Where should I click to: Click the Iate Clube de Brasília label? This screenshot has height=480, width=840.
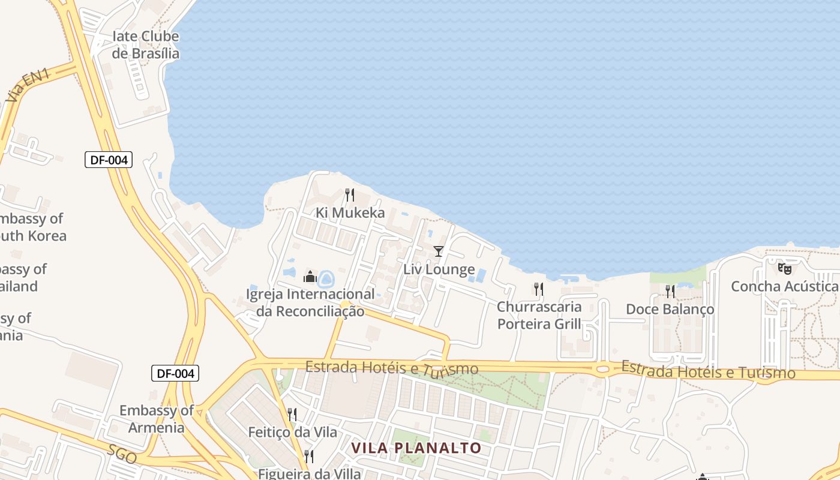(146, 45)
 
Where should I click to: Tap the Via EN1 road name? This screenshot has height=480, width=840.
(28, 85)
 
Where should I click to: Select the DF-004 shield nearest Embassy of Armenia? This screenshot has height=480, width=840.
(175, 373)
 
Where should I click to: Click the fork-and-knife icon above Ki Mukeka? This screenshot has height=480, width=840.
(350, 194)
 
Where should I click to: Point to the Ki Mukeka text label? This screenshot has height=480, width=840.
(350, 213)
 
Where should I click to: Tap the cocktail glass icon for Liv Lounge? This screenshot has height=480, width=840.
(439, 251)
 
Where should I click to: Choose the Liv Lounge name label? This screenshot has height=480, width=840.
(439, 269)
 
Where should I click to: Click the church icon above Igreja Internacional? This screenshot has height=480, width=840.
(310, 277)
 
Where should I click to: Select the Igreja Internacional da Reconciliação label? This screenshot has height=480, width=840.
(310, 302)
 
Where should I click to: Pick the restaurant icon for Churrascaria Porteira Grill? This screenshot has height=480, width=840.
(539, 289)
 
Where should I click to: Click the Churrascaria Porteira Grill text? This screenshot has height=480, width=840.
(539, 316)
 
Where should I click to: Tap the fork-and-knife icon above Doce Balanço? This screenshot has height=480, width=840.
(670, 291)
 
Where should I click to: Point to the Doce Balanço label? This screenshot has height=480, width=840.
(670, 310)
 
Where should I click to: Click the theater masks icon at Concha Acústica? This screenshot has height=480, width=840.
(784, 268)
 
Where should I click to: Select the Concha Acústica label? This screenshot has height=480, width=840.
(784, 287)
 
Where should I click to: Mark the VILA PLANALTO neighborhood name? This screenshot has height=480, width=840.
(416, 448)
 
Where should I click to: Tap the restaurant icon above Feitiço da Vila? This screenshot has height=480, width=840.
(292, 414)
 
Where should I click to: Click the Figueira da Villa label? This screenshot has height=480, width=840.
(310, 474)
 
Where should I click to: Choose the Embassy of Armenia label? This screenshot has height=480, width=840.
(156, 419)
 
